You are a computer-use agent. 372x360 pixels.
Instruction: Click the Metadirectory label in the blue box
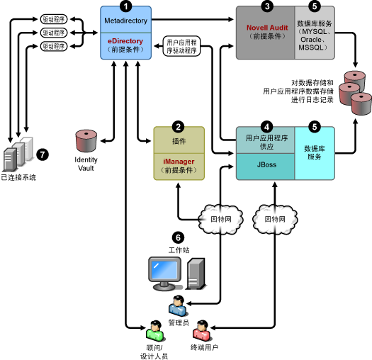click(x=125, y=21)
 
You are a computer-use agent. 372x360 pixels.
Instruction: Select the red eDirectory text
click(x=125, y=41)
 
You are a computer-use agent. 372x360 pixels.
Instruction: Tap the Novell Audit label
click(x=267, y=28)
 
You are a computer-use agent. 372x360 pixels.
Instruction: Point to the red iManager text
click(x=179, y=162)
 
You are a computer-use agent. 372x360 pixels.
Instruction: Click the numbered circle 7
click(x=43, y=154)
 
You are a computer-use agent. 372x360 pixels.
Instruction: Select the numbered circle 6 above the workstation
click(x=178, y=237)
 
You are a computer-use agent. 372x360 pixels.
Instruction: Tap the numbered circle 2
click(x=178, y=127)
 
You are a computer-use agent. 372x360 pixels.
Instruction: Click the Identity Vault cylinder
click(x=86, y=141)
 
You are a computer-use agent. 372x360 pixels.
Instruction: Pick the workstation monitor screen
click(x=164, y=270)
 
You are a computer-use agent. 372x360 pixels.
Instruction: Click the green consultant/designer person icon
click(x=155, y=330)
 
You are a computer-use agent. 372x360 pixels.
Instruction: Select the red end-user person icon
click(x=202, y=330)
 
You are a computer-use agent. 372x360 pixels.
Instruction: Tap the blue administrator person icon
click(x=178, y=305)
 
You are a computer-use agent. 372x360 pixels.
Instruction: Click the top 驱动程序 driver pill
click(x=54, y=19)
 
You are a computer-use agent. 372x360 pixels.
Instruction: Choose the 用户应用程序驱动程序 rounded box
click(x=181, y=46)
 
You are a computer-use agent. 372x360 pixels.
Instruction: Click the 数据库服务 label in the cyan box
click(x=315, y=152)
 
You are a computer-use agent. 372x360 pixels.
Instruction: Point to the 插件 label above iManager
click(x=179, y=141)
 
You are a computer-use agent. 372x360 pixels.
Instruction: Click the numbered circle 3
click(x=267, y=6)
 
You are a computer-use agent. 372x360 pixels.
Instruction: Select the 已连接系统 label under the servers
click(x=18, y=177)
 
